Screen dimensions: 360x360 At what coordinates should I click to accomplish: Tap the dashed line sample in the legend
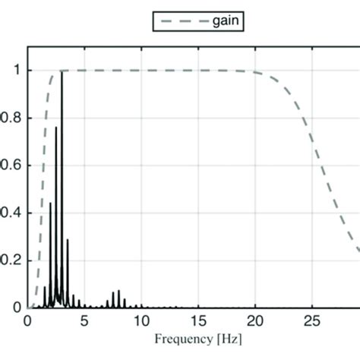click(176, 22)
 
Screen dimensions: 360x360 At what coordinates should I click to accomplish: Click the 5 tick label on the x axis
click(84, 320)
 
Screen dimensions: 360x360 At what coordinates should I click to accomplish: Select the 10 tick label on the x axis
click(141, 320)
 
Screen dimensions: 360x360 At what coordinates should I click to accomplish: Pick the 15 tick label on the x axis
click(198, 320)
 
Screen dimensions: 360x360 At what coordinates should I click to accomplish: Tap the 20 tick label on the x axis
click(255, 320)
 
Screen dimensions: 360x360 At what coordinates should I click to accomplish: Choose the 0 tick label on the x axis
click(28, 320)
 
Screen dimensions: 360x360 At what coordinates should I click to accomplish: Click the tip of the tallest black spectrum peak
click(62, 72)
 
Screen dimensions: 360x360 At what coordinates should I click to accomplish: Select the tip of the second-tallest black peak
click(56, 128)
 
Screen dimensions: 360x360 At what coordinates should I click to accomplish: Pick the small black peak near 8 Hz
click(118, 291)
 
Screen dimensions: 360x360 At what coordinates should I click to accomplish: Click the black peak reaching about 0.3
click(68, 240)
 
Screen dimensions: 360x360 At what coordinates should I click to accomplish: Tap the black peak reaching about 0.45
click(51, 204)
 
